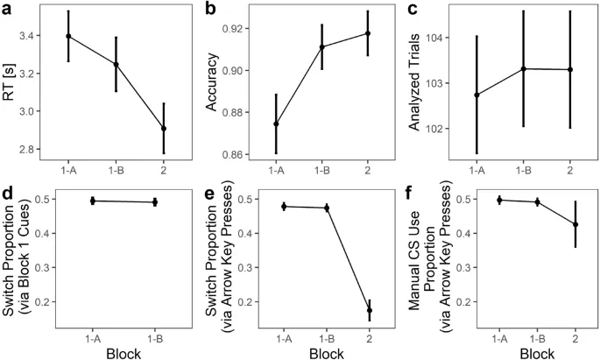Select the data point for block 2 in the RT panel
164,128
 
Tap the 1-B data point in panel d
154,202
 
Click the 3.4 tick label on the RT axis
42,36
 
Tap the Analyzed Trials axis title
413,83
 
